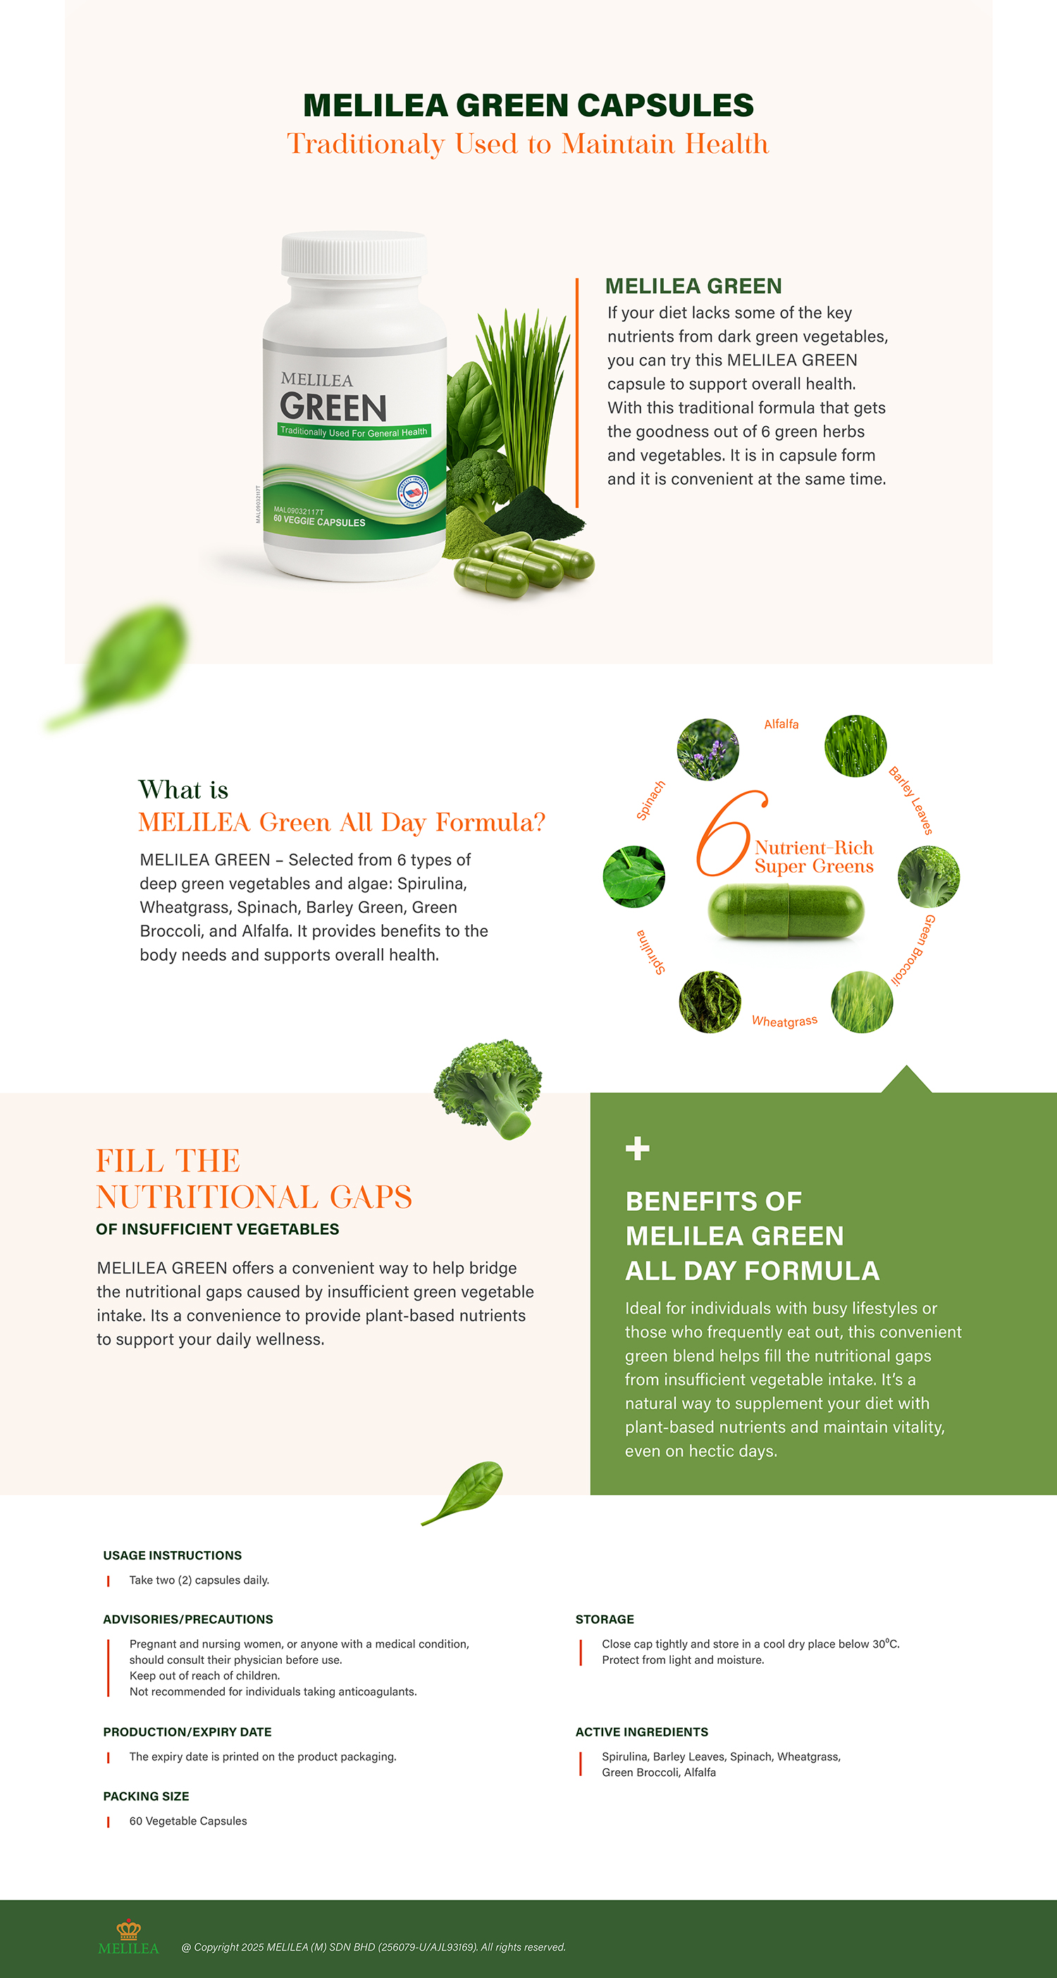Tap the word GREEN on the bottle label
(333, 407)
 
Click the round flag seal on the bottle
(412, 493)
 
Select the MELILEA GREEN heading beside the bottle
(693, 286)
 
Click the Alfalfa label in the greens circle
(781, 724)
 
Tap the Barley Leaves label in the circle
(911, 800)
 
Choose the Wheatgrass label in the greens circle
(784, 1021)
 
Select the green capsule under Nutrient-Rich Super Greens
(785, 912)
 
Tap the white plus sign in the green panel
(637, 1149)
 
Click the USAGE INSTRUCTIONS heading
(172, 1555)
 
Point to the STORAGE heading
(605, 1619)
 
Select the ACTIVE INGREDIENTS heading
(641, 1731)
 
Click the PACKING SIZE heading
(146, 1796)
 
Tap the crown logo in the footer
(128, 1929)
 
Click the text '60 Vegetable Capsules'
(188, 1821)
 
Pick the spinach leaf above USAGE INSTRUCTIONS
(462, 1492)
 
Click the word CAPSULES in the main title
(665, 105)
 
